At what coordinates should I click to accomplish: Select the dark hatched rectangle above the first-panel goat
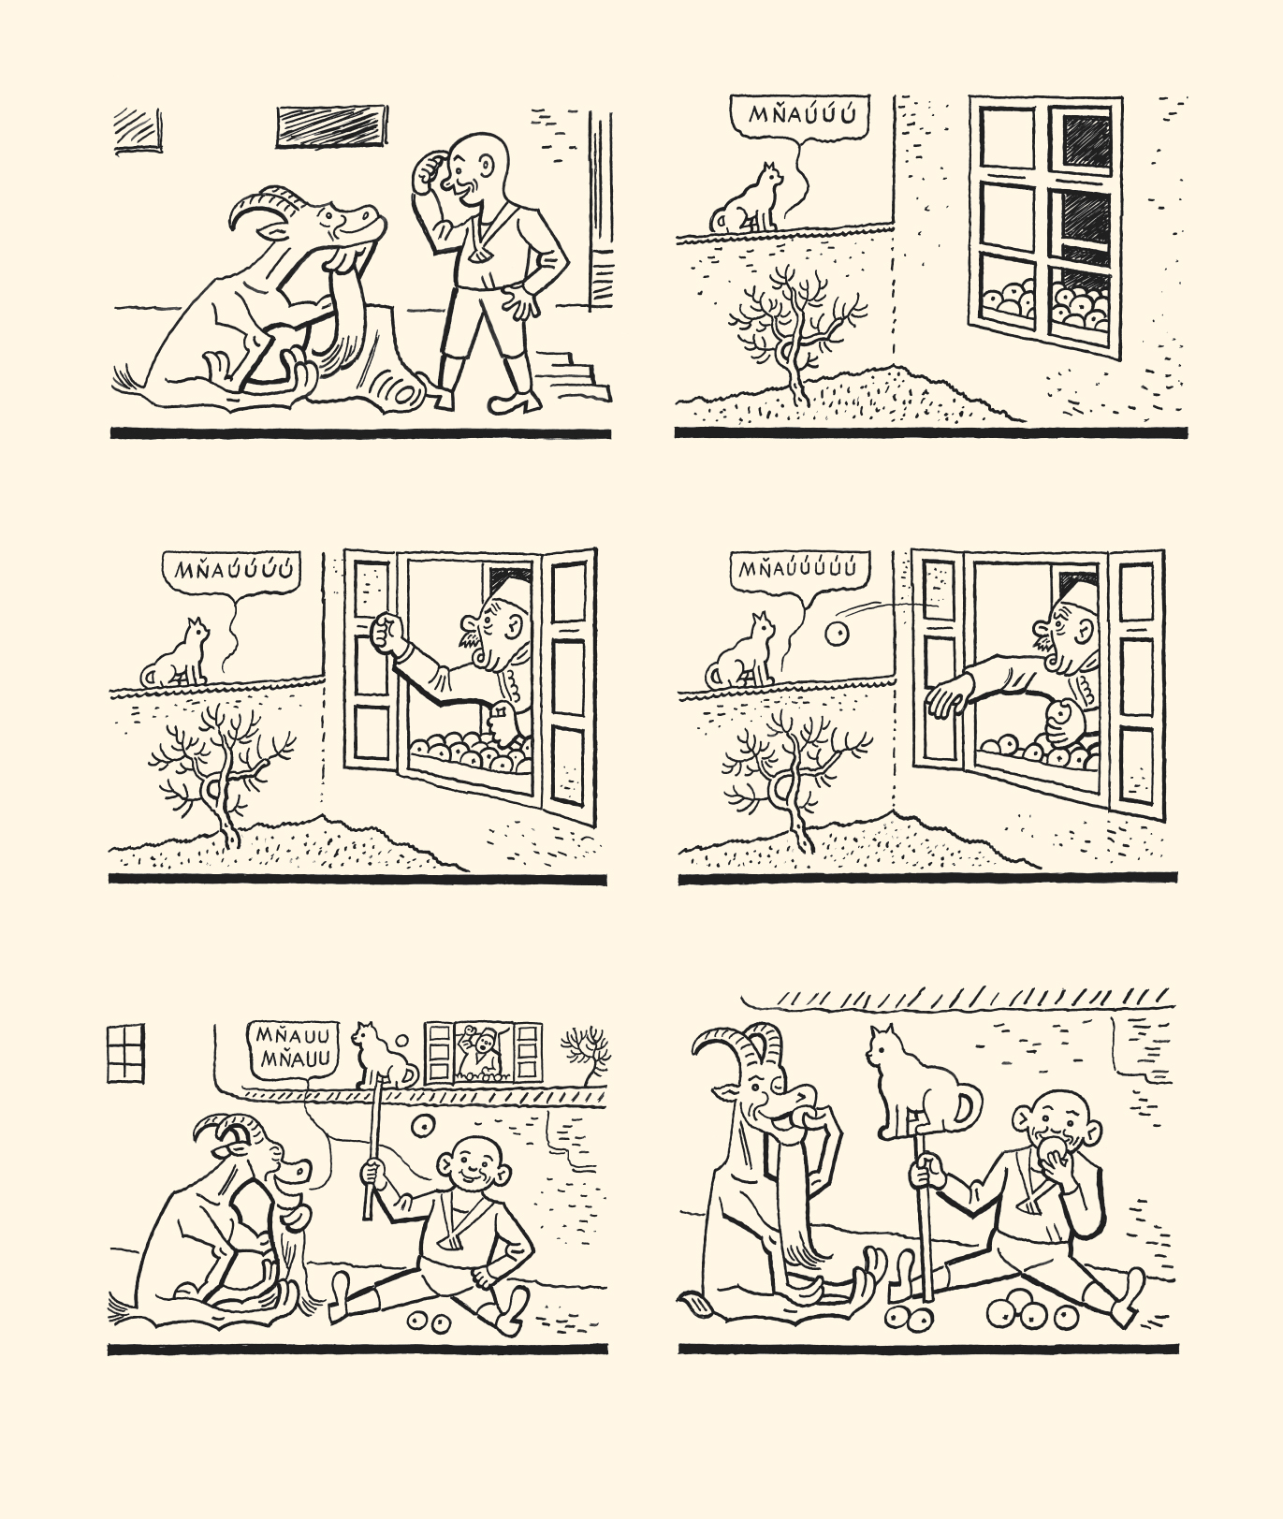click(x=331, y=126)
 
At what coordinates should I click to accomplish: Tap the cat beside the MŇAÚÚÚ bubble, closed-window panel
click(x=746, y=199)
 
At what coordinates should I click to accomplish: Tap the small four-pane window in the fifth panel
click(x=125, y=1053)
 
